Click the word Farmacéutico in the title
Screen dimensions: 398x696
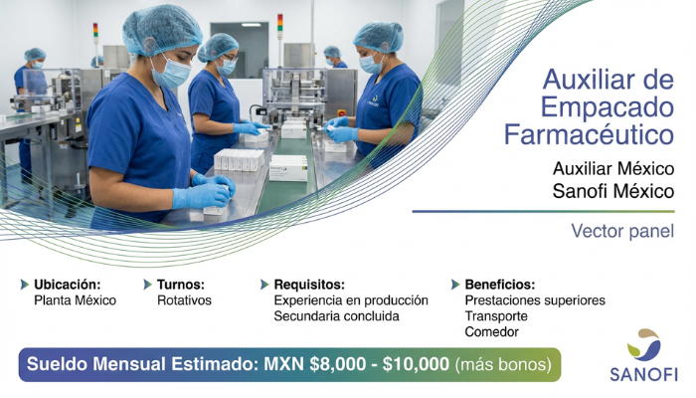tap(589, 133)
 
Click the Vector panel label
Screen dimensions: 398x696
tap(622, 232)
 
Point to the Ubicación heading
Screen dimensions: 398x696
tap(67, 284)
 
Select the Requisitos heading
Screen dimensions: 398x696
tap(309, 284)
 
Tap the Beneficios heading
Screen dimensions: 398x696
tap(499, 284)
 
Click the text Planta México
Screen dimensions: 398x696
tap(75, 299)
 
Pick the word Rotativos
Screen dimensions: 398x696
tap(184, 299)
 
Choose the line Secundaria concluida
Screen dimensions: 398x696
tap(336, 315)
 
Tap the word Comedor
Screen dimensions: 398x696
tap(491, 331)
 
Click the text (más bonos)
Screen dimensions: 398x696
tap(503, 364)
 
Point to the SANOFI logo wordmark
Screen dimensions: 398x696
tap(643, 375)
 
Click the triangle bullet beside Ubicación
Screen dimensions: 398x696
tap(25, 284)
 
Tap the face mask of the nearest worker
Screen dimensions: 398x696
tap(172, 72)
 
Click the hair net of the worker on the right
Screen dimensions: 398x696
tap(378, 37)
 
